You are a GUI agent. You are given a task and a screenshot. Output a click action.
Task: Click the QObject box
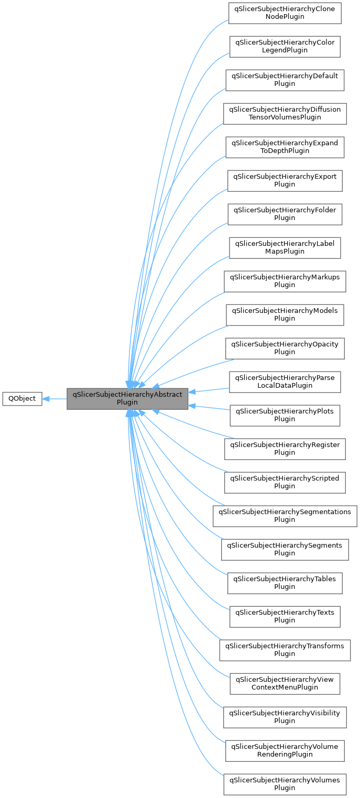(x=22, y=398)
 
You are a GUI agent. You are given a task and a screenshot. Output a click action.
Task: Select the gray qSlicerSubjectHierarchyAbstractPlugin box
(x=127, y=398)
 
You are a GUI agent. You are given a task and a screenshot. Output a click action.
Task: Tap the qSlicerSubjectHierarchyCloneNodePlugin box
(x=285, y=13)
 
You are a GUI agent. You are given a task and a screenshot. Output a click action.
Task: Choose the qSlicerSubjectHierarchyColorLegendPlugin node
(x=285, y=46)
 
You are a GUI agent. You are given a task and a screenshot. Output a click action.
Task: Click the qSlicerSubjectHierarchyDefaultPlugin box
(x=285, y=80)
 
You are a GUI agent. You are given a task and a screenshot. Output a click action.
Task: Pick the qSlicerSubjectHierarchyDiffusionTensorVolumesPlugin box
(x=285, y=113)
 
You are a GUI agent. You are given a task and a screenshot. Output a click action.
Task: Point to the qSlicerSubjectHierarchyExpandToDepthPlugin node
(x=285, y=147)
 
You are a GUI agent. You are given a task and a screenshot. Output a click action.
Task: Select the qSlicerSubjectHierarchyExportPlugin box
(x=285, y=180)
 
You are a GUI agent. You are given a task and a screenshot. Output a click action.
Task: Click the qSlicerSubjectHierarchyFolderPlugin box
(x=285, y=214)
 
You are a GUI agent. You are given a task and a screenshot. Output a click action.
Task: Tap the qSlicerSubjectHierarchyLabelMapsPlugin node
(x=285, y=247)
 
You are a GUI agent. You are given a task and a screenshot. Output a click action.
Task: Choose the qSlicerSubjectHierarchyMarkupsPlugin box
(x=285, y=281)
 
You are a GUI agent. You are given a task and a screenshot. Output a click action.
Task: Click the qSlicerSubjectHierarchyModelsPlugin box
(x=285, y=314)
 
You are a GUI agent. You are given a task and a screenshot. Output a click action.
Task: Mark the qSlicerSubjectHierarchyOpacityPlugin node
(x=285, y=348)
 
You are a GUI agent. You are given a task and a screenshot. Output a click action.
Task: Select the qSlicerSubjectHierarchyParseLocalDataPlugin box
(x=285, y=381)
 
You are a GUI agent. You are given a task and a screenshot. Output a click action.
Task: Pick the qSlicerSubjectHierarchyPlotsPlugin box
(x=285, y=415)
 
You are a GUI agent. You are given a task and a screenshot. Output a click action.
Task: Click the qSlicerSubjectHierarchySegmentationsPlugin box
(x=285, y=516)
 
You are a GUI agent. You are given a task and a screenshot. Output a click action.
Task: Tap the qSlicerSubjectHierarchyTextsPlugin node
(x=285, y=616)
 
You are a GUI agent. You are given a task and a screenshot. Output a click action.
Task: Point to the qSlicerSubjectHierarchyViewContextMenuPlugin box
(x=285, y=683)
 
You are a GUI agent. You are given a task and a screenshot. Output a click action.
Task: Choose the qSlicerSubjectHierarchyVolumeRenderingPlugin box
(x=285, y=750)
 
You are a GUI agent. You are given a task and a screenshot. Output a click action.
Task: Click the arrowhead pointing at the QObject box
(x=46, y=399)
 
